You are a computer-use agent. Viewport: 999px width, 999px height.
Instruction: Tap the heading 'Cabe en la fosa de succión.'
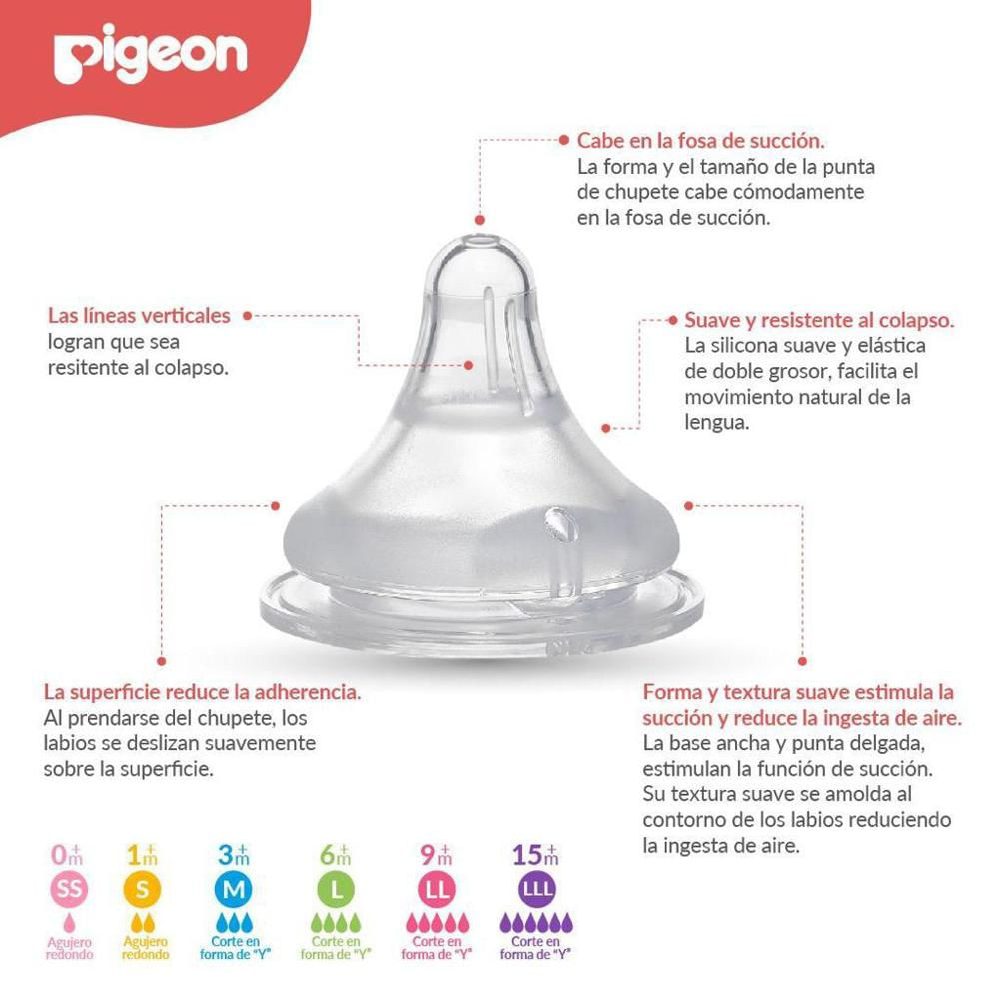(701, 140)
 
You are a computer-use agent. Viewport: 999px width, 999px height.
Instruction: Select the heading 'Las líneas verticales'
(139, 316)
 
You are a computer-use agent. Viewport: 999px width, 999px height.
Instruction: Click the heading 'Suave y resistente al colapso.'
(819, 320)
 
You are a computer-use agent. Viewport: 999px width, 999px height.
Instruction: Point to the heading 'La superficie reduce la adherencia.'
(202, 692)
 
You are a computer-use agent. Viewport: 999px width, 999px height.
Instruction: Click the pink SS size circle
(69, 889)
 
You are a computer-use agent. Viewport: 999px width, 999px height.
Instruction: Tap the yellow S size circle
(143, 889)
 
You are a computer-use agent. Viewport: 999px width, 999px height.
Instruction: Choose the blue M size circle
(233, 889)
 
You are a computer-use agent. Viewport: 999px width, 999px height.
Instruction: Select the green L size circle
(336, 889)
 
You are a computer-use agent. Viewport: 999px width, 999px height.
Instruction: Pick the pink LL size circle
(438, 889)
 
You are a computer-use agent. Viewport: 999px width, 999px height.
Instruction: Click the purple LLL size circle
(536, 889)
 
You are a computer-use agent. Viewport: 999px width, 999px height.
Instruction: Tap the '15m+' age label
(535, 855)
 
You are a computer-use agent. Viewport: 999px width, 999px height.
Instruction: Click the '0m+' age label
(68, 855)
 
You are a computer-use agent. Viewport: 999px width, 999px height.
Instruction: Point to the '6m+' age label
(336, 855)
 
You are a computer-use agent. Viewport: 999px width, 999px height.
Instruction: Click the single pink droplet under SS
(69, 923)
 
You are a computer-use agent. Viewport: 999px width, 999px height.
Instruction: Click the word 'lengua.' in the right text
(716, 422)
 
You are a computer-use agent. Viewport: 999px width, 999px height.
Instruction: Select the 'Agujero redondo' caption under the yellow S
(146, 948)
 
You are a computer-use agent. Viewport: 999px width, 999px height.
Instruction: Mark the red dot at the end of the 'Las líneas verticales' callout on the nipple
(469, 365)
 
